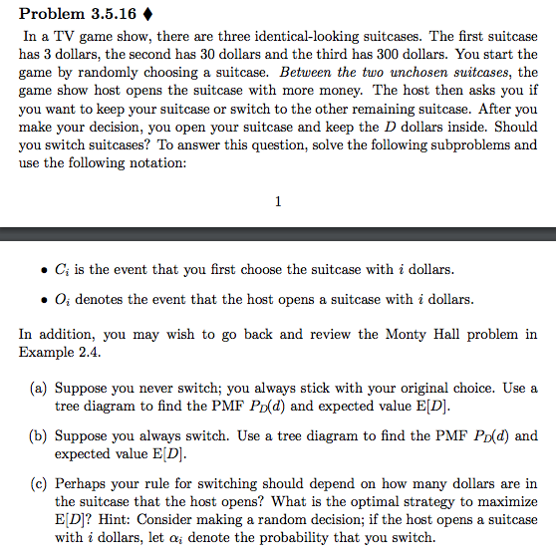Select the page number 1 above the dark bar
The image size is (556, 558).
tap(277, 200)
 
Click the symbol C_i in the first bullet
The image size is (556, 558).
tap(63, 271)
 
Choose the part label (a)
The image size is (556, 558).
tap(34, 388)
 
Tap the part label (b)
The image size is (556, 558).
tap(34, 435)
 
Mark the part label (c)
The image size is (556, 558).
tap(34, 483)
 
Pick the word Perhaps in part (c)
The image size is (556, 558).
tap(82, 483)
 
